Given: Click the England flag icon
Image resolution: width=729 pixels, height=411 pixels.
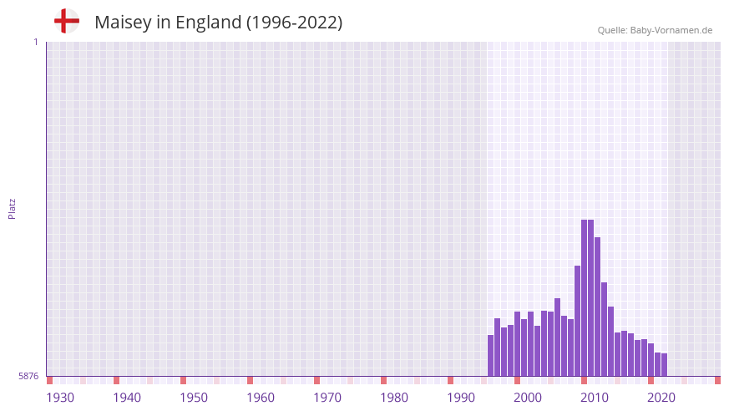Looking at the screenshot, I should pyautogui.click(x=66, y=21).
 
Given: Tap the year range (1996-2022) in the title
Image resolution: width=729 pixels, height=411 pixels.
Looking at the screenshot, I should pyautogui.click(x=294, y=23).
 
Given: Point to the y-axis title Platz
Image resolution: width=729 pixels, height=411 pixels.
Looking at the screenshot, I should pyautogui.click(x=12, y=208).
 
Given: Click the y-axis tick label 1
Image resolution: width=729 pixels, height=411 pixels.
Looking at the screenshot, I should pyautogui.click(x=35, y=42).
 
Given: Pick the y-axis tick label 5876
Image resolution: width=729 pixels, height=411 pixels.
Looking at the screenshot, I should pyautogui.click(x=28, y=377).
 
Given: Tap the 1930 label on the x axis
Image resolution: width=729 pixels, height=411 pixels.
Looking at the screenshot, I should pyautogui.click(x=60, y=397).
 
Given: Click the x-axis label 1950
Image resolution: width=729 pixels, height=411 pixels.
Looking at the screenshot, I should pyautogui.click(x=194, y=397).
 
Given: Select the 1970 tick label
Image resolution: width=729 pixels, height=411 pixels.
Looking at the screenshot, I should pyautogui.click(x=327, y=397).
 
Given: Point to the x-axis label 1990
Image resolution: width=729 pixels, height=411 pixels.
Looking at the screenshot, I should pyautogui.click(x=461, y=397).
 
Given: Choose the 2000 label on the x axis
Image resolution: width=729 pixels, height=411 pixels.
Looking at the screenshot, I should pyautogui.click(x=528, y=397).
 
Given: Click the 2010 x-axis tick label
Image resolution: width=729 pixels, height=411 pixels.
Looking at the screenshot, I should pyautogui.click(x=595, y=397).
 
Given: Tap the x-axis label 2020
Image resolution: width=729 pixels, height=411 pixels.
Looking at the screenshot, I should pyautogui.click(x=661, y=397).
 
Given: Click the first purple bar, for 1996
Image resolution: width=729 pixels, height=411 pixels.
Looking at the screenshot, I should pyautogui.click(x=491, y=355).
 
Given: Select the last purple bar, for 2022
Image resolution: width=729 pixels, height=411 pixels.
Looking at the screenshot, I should pyautogui.click(x=665, y=364).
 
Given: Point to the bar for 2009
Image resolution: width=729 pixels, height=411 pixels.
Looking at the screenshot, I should pyautogui.click(x=578, y=321).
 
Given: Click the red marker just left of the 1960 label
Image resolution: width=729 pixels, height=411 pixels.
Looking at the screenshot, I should pyautogui.click(x=250, y=380).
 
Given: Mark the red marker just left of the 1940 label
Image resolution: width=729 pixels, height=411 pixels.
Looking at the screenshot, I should pyautogui.click(x=116, y=380).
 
